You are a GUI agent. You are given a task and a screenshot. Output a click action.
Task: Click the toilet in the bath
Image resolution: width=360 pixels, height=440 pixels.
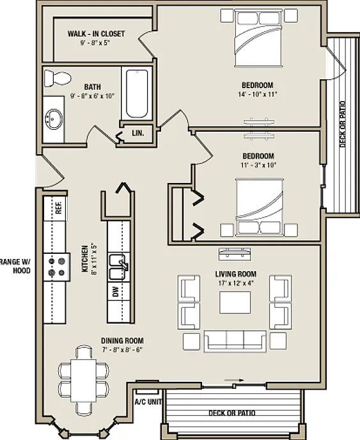58,78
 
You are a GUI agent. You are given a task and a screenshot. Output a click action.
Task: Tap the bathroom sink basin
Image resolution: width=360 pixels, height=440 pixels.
53,119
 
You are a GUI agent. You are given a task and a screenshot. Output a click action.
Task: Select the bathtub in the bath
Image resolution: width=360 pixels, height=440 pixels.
137,93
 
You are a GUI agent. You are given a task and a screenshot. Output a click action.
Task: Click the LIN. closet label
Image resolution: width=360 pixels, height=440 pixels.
138,133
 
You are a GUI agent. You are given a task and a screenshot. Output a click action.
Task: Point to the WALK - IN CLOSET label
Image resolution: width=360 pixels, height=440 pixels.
96,34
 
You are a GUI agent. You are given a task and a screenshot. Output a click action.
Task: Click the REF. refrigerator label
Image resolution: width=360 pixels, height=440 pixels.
59,207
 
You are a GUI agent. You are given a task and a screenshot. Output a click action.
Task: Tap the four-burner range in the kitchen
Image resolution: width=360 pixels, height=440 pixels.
57,267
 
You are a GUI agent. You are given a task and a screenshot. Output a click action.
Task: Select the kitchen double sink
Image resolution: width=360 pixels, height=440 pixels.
119,267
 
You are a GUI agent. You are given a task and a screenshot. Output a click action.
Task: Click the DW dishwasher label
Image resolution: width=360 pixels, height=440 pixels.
116,292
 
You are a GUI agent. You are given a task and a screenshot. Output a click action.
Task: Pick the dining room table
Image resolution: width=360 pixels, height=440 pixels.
84,381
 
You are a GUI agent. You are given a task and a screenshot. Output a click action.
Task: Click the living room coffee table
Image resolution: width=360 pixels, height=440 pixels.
235,302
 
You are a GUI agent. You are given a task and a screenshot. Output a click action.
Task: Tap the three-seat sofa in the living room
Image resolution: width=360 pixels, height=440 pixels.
235,341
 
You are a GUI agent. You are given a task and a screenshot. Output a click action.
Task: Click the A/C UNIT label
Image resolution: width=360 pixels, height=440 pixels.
148,402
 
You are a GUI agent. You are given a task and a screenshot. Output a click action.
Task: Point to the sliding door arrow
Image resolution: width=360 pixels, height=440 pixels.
234,381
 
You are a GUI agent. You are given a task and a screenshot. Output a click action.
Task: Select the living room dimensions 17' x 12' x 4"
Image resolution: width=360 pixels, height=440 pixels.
236,283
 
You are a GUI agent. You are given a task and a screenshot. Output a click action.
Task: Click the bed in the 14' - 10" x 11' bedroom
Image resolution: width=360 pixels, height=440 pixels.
258,38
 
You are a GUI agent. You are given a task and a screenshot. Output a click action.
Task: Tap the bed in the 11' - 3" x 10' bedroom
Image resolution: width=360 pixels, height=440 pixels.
260,207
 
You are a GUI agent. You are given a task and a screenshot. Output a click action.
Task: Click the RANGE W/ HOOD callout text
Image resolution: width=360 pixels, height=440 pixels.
15,266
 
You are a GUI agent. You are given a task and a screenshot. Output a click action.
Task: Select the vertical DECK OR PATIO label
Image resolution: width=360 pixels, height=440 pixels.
342,124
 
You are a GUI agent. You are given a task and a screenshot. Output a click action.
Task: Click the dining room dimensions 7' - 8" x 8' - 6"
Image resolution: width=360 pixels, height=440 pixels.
122,350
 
